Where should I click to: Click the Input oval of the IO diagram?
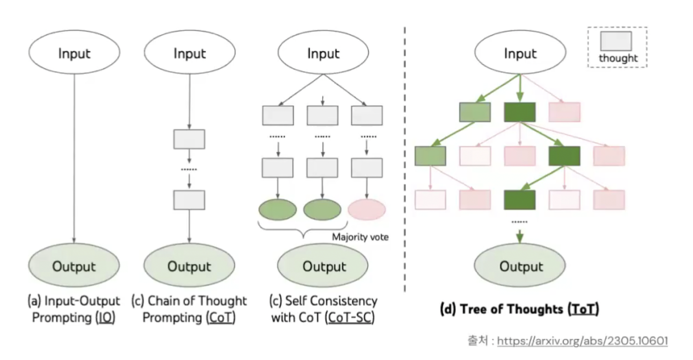(x=74, y=52)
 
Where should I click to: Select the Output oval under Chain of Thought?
(x=189, y=265)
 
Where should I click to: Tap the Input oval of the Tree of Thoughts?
(x=520, y=52)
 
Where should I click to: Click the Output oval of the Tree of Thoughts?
(x=520, y=265)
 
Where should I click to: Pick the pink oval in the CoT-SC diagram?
(x=366, y=209)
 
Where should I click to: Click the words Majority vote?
(x=361, y=237)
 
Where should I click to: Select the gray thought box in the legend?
(x=616, y=41)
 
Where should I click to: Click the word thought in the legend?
(x=618, y=58)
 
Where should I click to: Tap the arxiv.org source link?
(x=582, y=341)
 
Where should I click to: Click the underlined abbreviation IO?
(x=105, y=318)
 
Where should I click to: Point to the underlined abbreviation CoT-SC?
(x=350, y=318)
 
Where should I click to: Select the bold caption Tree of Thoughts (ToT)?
(x=519, y=309)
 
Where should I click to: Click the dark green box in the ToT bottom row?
(x=520, y=200)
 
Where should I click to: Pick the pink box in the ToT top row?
(x=564, y=112)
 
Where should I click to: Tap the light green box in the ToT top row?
(x=475, y=112)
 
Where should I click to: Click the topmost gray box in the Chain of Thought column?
(x=189, y=139)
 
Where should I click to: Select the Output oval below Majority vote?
(x=323, y=265)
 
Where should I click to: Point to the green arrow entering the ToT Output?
(x=520, y=237)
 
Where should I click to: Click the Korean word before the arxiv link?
(x=478, y=341)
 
